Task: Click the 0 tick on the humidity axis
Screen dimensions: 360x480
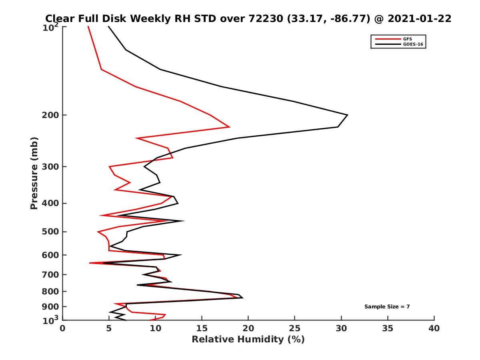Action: pos(62,329)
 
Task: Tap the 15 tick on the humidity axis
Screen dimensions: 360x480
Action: pos(202,329)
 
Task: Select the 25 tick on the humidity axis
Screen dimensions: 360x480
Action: pos(295,329)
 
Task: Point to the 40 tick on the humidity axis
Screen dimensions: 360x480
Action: pos(434,329)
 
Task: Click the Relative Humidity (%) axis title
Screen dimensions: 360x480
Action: pos(248,340)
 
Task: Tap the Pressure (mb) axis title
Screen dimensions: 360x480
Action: pos(34,173)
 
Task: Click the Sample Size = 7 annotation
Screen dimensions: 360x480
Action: pos(387,307)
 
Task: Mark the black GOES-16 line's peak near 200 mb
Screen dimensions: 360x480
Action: pos(347,115)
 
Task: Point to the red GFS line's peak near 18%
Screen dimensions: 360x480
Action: pos(229,127)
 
